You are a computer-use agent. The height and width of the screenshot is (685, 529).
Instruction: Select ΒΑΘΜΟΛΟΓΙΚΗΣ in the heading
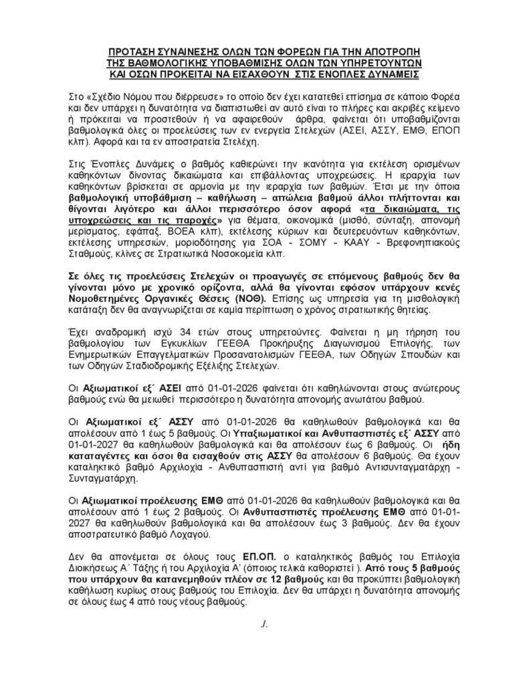pos(149,62)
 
